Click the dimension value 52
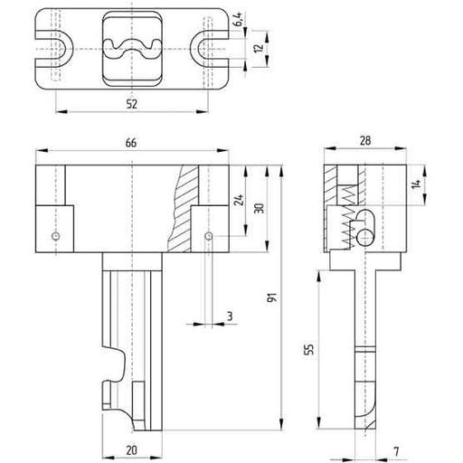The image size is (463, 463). pyautogui.click(x=132, y=105)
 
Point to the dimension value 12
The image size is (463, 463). pyautogui.click(x=260, y=49)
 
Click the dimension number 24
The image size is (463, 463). pyautogui.click(x=239, y=200)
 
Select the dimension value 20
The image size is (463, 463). pyautogui.click(x=132, y=449)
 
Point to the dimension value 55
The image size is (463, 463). pyautogui.click(x=308, y=348)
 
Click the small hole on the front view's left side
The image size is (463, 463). pyautogui.click(x=56, y=237)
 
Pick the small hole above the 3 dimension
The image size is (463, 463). pyautogui.click(x=209, y=237)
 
